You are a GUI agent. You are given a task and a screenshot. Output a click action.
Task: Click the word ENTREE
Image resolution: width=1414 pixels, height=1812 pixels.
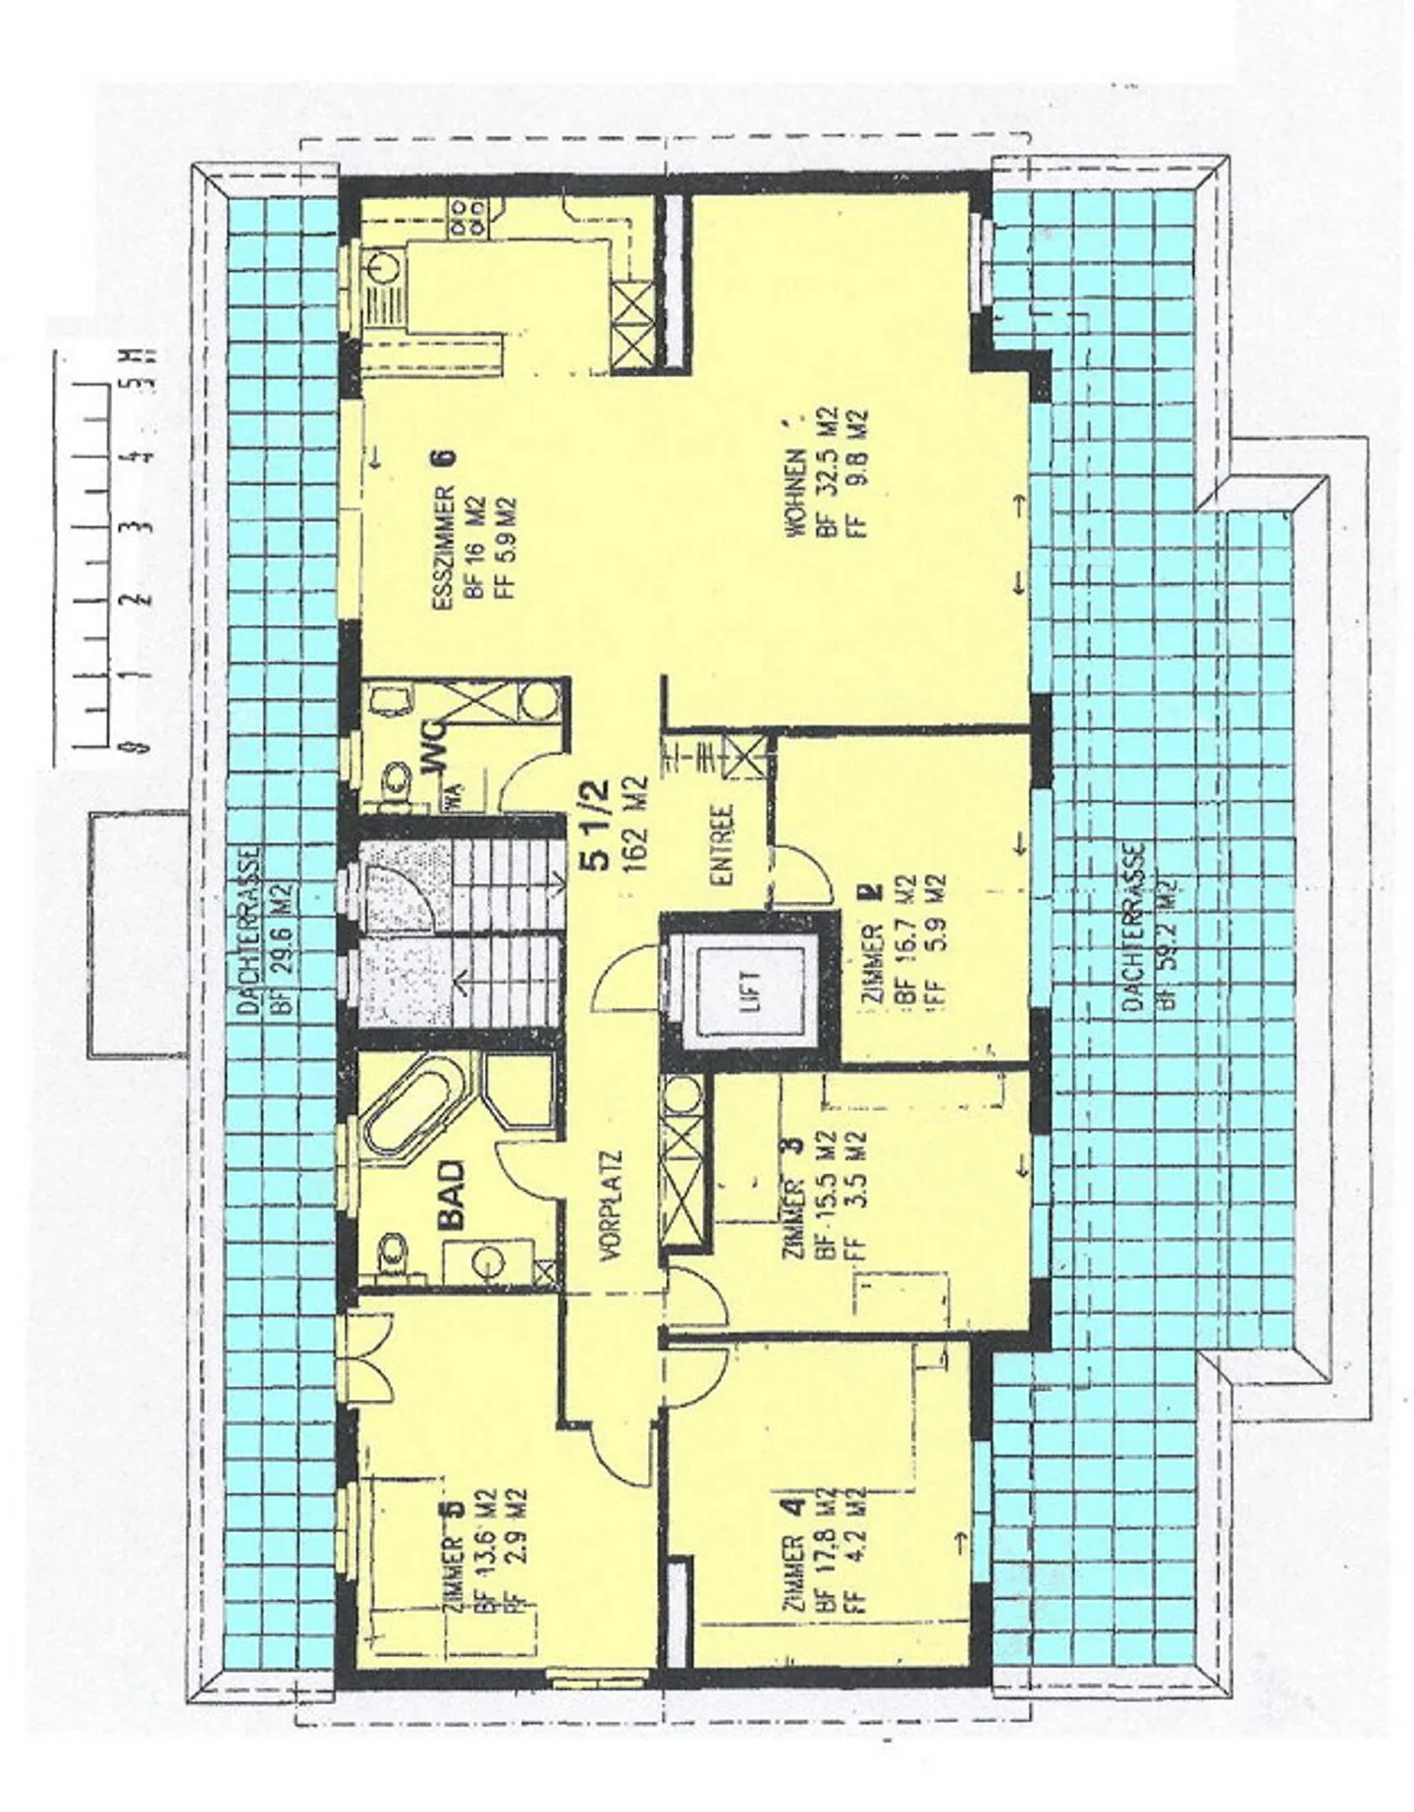pos(726,846)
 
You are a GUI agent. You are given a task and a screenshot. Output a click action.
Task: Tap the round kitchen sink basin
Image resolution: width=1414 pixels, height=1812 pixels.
pos(381,266)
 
